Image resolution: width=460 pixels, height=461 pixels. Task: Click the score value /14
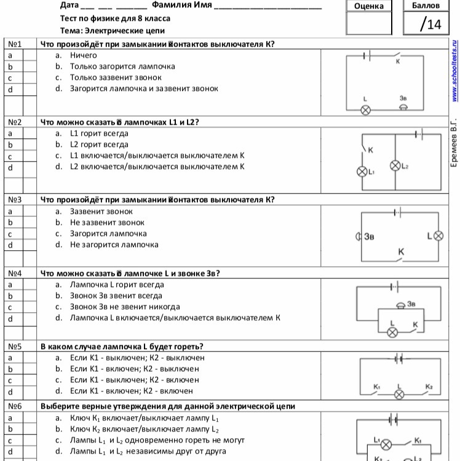(430, 24)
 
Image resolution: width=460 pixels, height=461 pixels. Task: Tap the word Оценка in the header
(369, 6)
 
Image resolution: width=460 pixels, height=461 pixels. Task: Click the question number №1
(15, 44)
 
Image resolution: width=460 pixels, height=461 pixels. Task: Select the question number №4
(15, 273)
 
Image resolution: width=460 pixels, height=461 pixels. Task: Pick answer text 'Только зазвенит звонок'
(116, 77)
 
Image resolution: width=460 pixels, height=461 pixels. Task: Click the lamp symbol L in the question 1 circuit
(365, 109)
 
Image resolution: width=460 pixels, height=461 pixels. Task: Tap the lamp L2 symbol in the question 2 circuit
(395, 165)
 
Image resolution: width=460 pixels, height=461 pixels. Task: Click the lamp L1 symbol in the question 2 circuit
(362, 171)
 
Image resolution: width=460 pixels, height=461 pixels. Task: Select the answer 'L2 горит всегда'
(99, 144)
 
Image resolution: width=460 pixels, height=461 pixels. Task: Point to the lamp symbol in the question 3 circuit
(438, 236)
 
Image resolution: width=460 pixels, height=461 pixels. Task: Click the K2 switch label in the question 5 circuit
(429, 386)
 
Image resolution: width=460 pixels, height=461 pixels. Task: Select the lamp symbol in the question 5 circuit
(400, 393)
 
